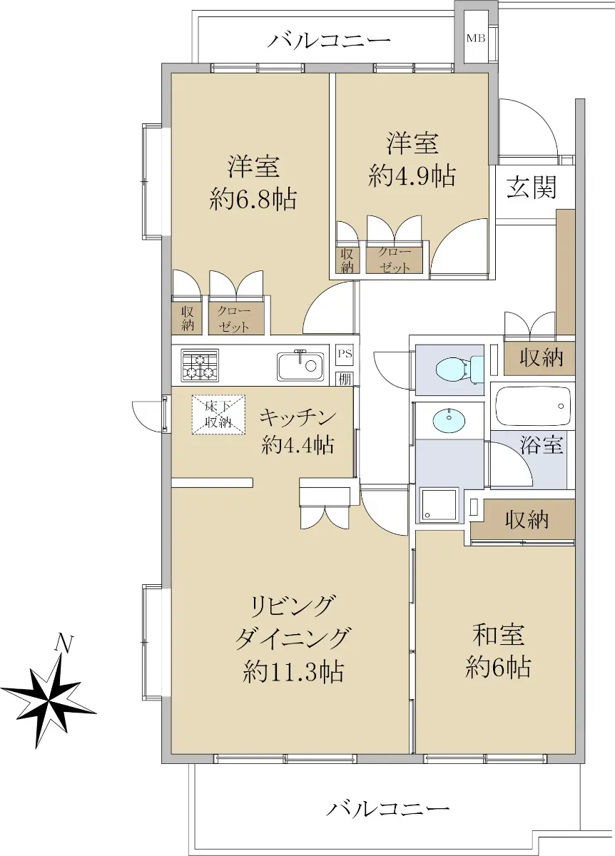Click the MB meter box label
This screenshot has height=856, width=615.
476,39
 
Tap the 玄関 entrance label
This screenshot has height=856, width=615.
532,188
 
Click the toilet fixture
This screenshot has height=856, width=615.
459,370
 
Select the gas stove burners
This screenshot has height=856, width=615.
199,365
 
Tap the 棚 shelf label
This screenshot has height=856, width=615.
345,379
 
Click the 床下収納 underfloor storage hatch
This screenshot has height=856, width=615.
218,414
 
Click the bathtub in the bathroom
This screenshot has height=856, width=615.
533,406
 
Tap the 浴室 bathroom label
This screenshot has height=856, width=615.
542,445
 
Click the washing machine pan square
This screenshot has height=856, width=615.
439,504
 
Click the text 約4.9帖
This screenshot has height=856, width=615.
412,176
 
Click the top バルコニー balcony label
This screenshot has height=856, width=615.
329,40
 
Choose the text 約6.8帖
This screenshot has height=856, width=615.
253,199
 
